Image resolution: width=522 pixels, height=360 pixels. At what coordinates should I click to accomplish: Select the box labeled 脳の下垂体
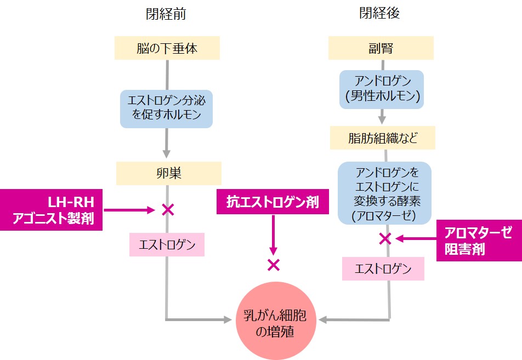point(167,49)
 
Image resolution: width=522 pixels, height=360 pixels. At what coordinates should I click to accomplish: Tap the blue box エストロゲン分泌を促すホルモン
point(166,109)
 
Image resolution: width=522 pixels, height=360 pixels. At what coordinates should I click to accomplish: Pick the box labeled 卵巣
point(168,174)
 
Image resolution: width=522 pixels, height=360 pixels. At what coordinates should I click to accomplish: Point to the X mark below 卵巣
point(167,209)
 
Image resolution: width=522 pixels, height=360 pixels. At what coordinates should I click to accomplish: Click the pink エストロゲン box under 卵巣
point(167,244)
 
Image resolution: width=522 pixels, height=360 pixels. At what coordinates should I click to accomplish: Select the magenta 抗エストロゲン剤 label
point(272,202)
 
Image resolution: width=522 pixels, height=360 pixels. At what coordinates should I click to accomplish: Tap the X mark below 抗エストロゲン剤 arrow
point(273,265)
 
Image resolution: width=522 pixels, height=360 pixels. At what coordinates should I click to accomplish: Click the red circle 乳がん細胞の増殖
point(273,324)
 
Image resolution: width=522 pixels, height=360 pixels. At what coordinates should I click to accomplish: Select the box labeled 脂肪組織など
point(382,138)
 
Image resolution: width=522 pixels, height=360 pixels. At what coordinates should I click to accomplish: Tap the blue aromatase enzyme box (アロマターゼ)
point(384,192)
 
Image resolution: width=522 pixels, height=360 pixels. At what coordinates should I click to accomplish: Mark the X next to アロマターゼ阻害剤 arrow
point(385,238)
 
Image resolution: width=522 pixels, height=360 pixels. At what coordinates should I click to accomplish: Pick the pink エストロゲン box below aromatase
point(383,269)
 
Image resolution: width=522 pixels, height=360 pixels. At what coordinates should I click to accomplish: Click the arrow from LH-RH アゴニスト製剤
point(129,209)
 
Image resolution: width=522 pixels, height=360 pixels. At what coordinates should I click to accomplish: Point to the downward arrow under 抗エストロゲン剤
point(273,233)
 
